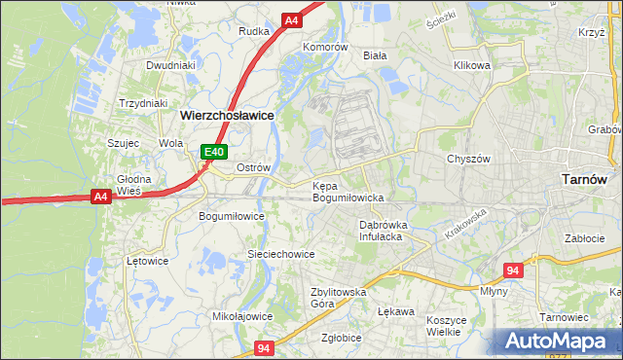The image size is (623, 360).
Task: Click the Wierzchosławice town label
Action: [227, 114]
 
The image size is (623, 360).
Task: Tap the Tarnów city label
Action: [585, 179]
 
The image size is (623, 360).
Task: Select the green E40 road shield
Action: [214, 152]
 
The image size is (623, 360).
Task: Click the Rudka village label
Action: [254, 30]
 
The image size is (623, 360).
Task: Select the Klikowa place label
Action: [471, 65]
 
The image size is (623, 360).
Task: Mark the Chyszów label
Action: [465, 159]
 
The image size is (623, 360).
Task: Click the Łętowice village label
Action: [148, 261]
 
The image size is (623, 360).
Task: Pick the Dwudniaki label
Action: [171, 65]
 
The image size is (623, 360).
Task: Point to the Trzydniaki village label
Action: [143, 103]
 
